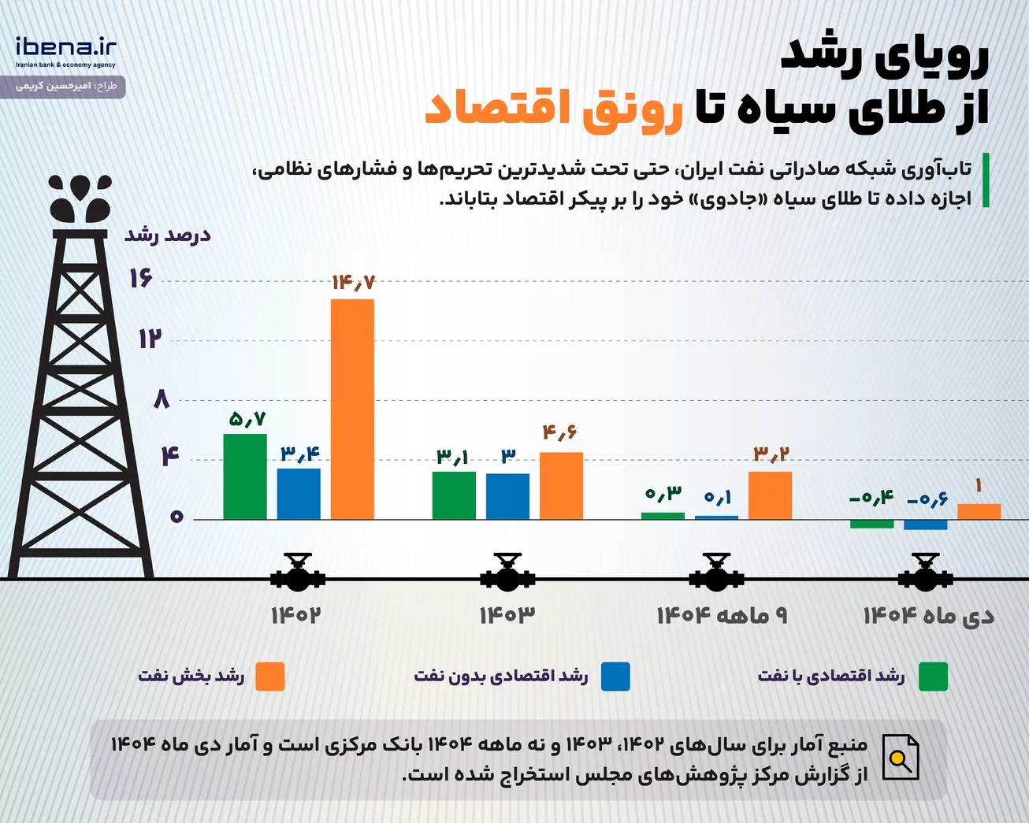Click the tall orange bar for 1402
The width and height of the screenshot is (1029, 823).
click(352, 409)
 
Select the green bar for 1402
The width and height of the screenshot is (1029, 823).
click(245, 476)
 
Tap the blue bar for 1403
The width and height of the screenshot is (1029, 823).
click(507, 496)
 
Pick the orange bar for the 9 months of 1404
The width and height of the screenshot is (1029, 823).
click(770, 495)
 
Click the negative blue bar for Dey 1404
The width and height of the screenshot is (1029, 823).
click(925, 525)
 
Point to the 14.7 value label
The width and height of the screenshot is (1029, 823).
click(354, 283)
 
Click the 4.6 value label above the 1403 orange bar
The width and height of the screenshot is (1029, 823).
click(560, 432)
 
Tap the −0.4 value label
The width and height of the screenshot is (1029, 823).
click(871, 498)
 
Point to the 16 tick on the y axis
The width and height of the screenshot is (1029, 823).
click(140, 278)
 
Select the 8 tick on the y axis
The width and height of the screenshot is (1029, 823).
click(162, 399)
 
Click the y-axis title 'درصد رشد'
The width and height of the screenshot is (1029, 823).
click(167, 235)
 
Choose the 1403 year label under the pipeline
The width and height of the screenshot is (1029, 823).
click(507, 616)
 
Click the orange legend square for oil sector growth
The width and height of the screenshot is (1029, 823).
click(269, 677)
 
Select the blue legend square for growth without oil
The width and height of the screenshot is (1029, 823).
click(615, 677)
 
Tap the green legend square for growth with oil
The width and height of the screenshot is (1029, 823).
click(933, 677)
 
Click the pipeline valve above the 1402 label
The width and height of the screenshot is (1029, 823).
click(298, 573)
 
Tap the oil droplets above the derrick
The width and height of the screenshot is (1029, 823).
click(80, 198)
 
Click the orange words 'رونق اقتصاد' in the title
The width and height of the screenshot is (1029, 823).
click(554, 110)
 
